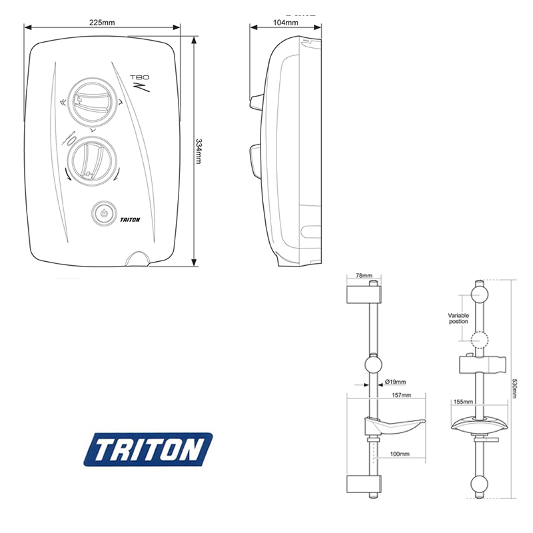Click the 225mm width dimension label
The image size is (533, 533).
tap(102, 22)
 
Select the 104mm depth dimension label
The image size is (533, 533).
tap(286, 22)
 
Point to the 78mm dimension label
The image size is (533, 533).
tap(362, 274)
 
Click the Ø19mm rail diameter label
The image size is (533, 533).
tap(396, 382)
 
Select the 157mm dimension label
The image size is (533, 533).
tap(402, 396)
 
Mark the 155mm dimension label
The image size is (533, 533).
tap(463, 402)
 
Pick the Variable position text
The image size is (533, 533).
tap(458, 318)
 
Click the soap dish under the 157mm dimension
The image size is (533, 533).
tap(393, 424)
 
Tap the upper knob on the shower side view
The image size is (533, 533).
tap(256, 102)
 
